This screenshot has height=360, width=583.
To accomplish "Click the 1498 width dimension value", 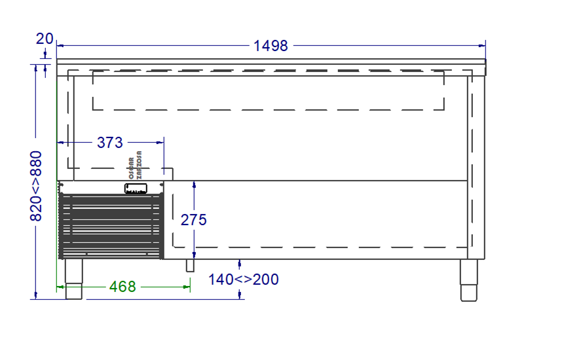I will [271, 46].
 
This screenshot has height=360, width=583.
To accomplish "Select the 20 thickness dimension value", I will [45, 39].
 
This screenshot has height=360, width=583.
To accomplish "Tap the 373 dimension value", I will [110, 141].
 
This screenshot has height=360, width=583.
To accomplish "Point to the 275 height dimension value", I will [194, 220].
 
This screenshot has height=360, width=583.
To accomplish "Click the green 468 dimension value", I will [122, 287].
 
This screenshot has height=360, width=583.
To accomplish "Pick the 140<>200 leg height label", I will [244, 279].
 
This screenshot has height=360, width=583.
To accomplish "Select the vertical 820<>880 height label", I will [36, 186].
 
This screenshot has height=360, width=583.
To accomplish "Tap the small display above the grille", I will [136, 189].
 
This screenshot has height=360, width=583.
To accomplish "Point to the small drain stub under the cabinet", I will [191, 265].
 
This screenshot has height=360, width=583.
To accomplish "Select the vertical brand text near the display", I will [136, 168].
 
